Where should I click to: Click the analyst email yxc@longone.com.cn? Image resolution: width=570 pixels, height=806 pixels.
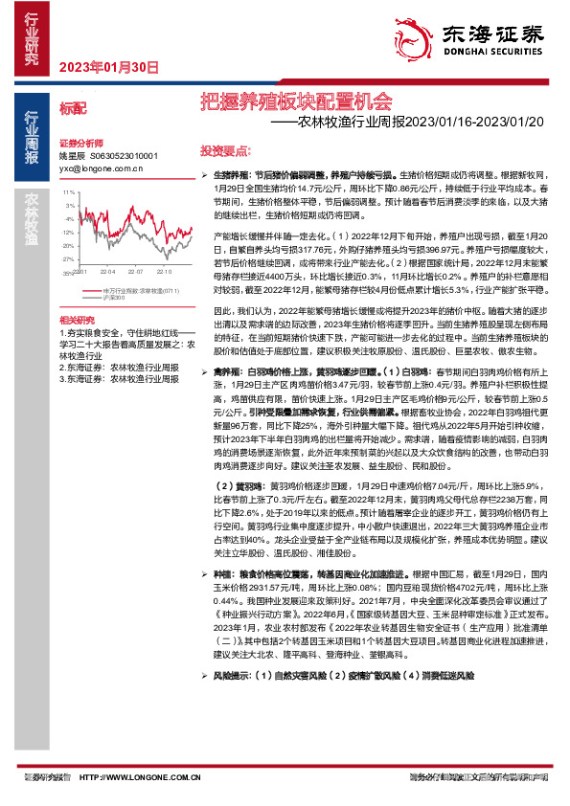click(101, 166)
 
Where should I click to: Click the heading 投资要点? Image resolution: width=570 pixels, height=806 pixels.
click(225, 151)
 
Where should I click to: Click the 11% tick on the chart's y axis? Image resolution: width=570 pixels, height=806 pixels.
click(68, 192)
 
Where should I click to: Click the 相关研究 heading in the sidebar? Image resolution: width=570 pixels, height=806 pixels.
click(77, 319)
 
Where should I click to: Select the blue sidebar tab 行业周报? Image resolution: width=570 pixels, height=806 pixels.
click(31, 134)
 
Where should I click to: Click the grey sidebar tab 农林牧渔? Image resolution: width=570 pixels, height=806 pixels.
click(31, 219)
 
